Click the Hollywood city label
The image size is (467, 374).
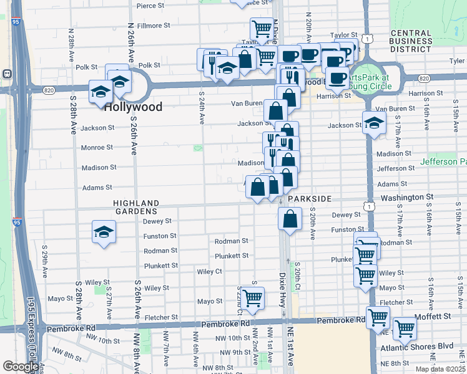[133, 107]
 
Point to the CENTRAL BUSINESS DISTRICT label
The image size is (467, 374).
[411, 41]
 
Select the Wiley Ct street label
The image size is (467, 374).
[209, 272]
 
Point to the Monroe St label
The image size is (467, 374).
[97, 148]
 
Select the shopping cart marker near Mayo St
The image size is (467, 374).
[252, 299]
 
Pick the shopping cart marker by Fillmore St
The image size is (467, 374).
[262, 29]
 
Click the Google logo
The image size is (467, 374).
[21, 367]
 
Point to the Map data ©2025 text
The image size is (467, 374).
[440, 369]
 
